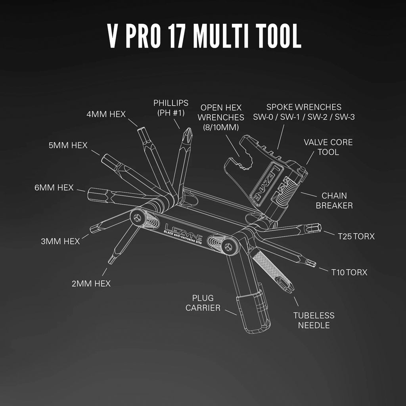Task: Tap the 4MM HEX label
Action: point(106,114)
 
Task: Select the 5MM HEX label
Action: point(68,146)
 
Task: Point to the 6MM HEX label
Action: point(54,188)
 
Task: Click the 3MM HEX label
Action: point(60,241)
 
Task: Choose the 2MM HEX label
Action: point(91,283)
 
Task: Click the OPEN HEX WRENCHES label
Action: point(221,117)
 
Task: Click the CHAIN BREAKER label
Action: point(334,200)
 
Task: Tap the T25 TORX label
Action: point(356,236)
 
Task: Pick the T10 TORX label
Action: point(349,272)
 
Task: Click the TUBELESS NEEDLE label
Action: point(314,320)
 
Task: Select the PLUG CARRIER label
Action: point(203,303)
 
